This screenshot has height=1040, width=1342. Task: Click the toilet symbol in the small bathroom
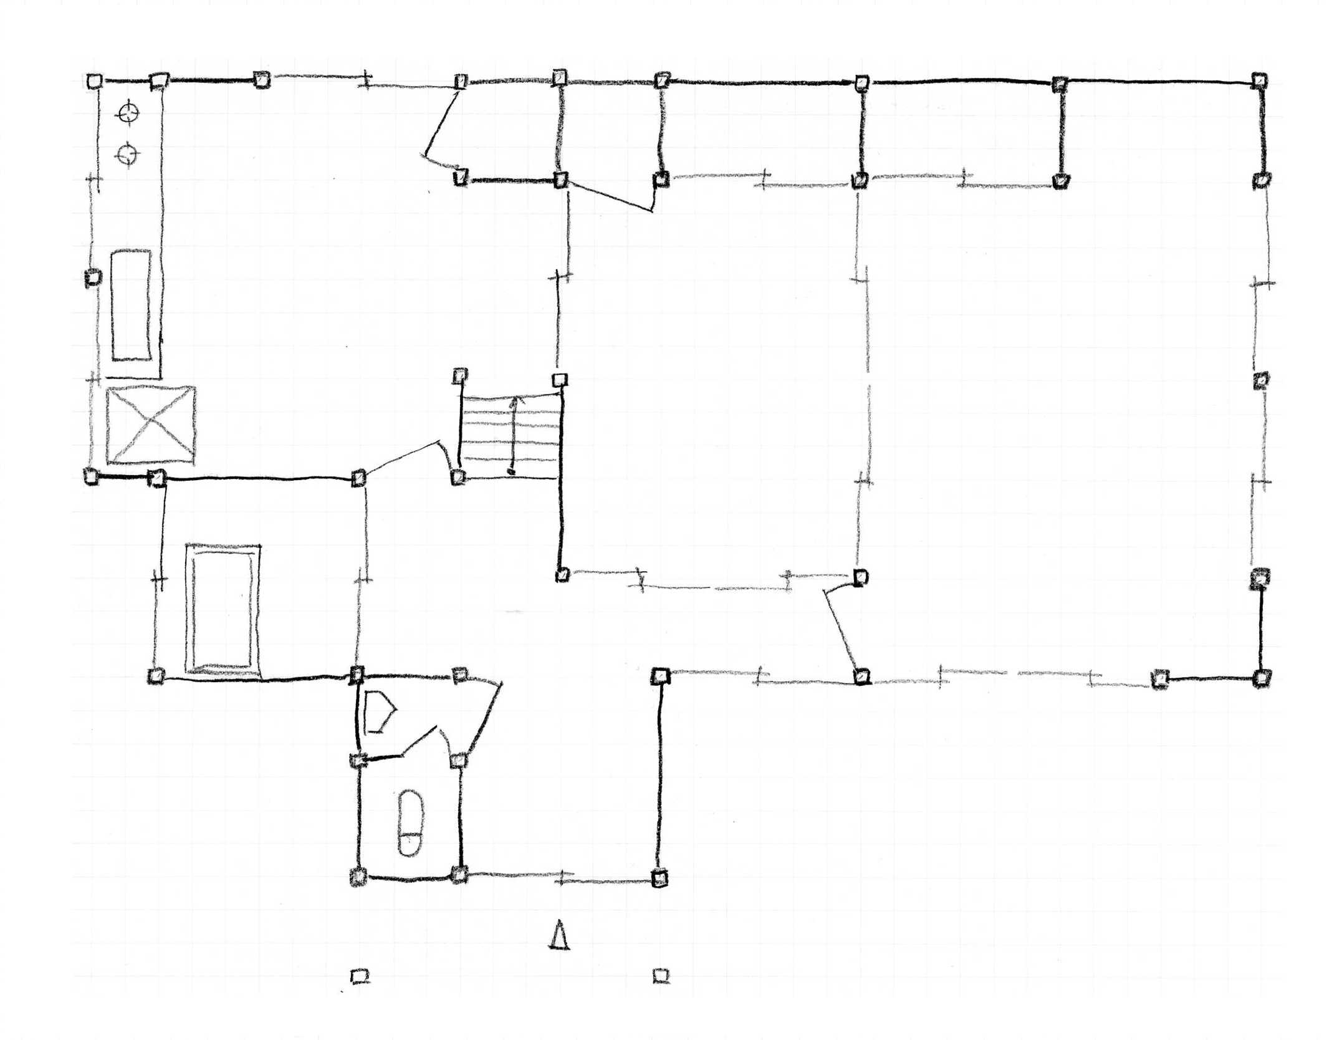tap(411, 822)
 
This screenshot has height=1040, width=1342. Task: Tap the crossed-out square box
tap(150, 426)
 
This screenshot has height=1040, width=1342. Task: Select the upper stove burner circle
tap(128, 113)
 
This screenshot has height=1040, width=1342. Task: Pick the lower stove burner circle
tap(128, 153)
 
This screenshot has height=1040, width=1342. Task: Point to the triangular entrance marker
tap(559, 935)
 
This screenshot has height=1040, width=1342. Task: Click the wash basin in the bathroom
tap(378, 711)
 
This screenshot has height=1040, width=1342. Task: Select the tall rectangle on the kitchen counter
tap(132, 306)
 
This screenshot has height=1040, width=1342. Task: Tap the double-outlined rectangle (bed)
tap(223, 609)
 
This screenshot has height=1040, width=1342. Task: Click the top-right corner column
tap(1259, 80)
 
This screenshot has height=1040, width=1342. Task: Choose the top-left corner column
tap(94, 81)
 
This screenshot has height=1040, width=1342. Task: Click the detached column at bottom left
tap(359, 976)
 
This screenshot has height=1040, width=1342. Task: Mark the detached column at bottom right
tap(661, 975)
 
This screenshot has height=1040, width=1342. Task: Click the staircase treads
tap(510, 436)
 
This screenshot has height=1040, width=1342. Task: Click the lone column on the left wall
tap(93, 277)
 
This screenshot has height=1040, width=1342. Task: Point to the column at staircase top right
tap(560, 380)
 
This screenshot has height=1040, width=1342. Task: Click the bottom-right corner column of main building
tap(1260, 677)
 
